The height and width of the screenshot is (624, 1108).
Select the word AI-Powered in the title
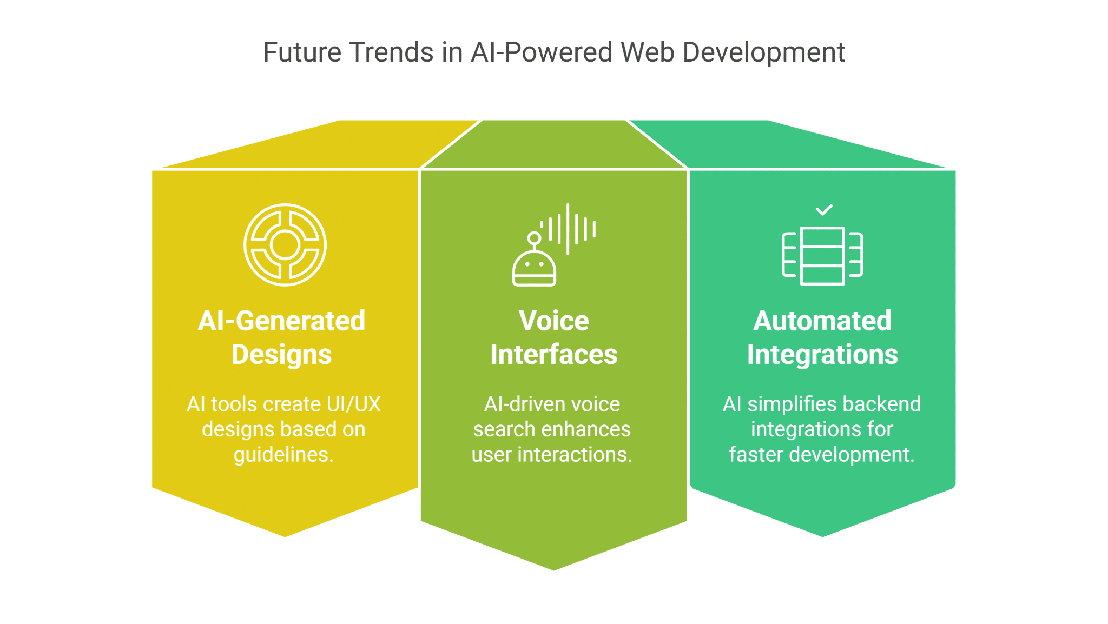[x=542, y=52]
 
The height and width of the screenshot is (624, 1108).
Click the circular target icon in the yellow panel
[x=285, y=244]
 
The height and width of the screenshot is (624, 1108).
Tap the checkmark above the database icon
[x=823, y=209]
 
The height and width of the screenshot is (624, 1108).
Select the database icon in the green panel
[x=822, y=256]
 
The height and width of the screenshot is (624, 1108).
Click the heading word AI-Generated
[x=281, y=321]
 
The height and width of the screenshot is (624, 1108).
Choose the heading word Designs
[x=281, y=355]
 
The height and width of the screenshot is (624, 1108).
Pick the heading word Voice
[x=553, y=321]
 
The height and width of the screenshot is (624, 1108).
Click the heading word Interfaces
[x=553, y=355]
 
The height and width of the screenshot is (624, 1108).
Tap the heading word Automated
[x=822, y=321]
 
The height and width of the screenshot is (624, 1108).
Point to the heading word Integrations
[x=822, y=355]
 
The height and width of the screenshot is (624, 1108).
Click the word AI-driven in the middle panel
[x=517, y=404]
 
